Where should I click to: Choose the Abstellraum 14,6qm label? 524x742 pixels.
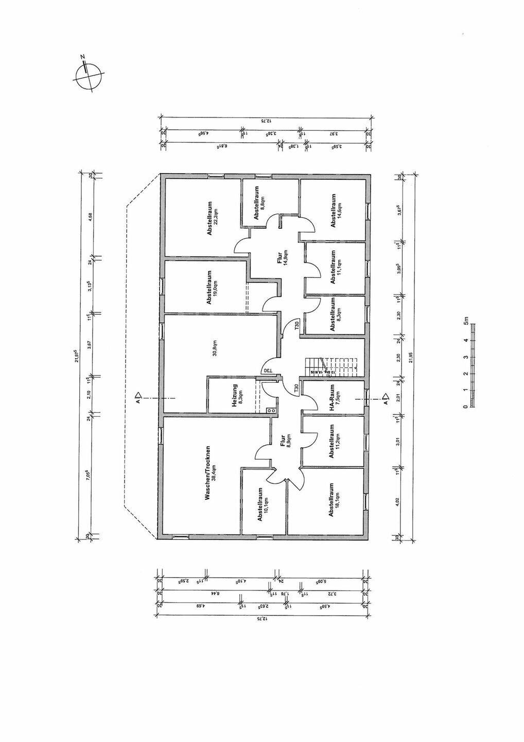[336, 210]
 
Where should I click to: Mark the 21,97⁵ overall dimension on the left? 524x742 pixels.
[76, 356]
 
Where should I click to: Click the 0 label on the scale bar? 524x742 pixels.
[466, 407]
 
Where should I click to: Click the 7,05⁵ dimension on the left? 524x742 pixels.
[89, 474]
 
